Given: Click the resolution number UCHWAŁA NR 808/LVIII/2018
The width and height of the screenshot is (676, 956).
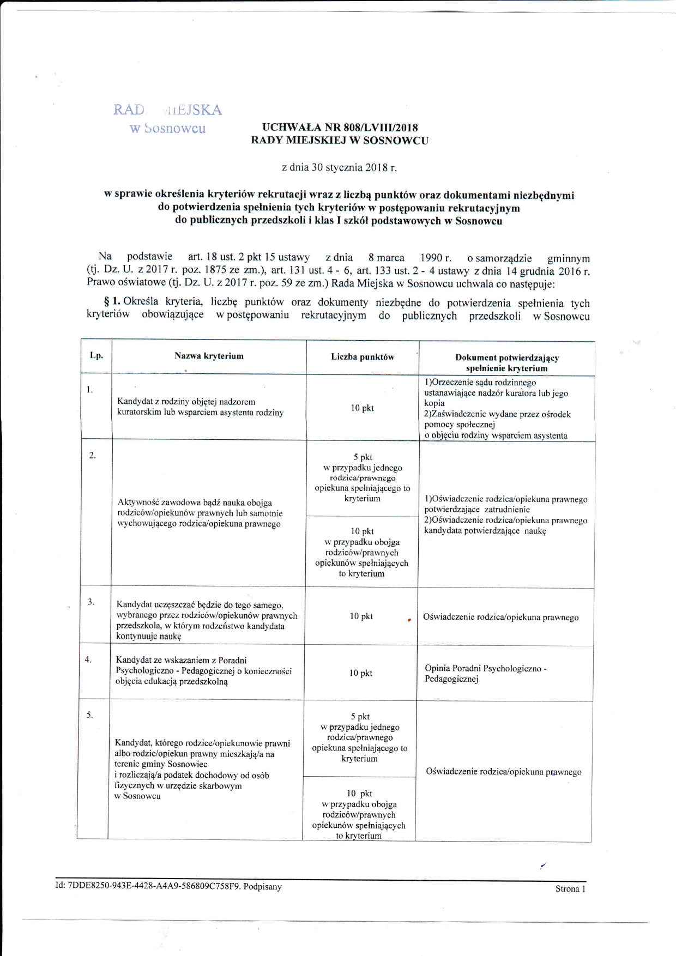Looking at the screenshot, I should tap(340, 128).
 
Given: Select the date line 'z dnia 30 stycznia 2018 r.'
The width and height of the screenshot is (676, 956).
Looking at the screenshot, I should tap(339, 167).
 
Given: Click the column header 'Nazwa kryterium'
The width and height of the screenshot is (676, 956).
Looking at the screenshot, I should tap(209, 356).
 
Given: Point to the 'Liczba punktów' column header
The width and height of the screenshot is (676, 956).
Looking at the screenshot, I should tap(363, 357).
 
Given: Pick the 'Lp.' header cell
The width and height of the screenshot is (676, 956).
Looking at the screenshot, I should tap(96, 355).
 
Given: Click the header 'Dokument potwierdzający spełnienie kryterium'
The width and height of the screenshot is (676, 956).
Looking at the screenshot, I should tap(507, 363).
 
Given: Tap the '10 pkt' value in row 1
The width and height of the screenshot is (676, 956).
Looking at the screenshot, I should tap(363, 408).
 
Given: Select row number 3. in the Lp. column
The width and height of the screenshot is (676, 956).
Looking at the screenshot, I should tap(92, 602).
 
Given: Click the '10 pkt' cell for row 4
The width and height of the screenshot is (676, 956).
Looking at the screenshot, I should tap(361, 673).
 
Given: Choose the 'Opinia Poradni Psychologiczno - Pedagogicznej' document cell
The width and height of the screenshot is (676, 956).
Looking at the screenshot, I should tap(485, 674).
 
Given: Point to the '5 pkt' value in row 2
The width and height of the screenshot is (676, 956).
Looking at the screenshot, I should tap(363, 457).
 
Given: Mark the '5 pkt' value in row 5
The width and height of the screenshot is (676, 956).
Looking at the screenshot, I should tap(360, 717).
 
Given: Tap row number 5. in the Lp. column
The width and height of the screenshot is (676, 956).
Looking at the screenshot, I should tap(90, 715).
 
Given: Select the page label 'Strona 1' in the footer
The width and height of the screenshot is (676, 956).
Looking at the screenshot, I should tap(570, 888).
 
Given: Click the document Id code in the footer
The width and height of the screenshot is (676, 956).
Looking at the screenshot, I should tap(169, 886).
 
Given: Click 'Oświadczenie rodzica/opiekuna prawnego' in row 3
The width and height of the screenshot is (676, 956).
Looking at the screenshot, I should tap(500, 618).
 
